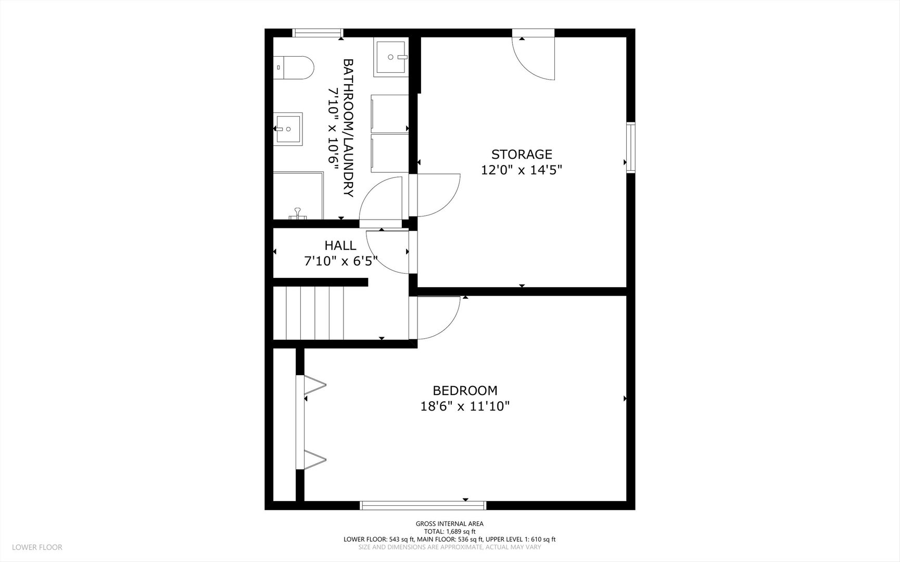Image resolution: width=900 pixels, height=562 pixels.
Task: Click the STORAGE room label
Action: pos(522,154)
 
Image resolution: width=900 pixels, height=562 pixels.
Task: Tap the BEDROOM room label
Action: pos(465,390)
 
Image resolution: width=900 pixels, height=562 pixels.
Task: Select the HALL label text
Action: pos(340,245)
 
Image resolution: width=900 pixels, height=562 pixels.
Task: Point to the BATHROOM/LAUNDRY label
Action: pos(348,128)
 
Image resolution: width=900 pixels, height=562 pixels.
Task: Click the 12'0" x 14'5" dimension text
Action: pos(522,170)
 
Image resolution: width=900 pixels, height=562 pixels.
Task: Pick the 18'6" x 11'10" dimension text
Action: pos(465,406)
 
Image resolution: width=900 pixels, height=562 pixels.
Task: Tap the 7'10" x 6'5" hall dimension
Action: pos(340,261)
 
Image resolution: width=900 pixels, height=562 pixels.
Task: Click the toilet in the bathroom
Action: pos(294,68)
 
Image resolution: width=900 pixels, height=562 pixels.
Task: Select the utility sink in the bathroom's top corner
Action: pos(390,57)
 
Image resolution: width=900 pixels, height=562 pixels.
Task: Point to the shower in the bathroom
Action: pos(298,195)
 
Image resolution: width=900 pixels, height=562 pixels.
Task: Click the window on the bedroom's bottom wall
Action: pos(423,505)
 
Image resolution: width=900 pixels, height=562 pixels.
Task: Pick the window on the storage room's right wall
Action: pos(631,147)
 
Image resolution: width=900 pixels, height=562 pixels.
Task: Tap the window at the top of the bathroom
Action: pos(317,33)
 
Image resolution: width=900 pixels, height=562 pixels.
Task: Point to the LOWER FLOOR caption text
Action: pos(37,547)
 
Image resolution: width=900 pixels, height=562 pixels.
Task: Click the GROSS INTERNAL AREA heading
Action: pos(450,523)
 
